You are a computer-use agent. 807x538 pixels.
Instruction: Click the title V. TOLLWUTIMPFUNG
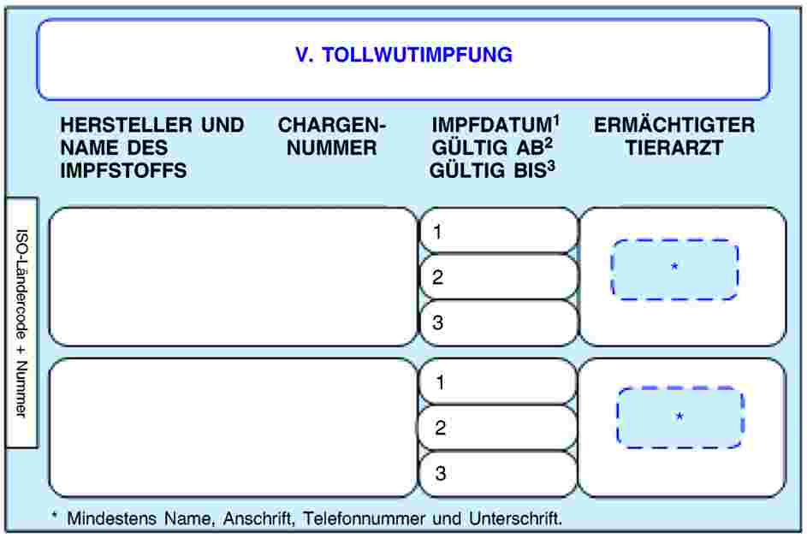click(x=403, y=56)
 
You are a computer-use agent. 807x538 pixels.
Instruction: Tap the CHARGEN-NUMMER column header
click(x=332, y=137)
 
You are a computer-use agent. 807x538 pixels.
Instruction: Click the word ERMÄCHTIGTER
click(x=674, y=126)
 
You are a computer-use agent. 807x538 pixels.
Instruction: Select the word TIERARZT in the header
click(x=674, y=148)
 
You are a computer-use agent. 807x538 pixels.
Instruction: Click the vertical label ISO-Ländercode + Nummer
click(x=21, y=322)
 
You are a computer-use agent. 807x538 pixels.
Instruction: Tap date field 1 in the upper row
click(x=499, y=231)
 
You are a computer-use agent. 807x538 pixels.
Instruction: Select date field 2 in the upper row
click(x=499, y=277)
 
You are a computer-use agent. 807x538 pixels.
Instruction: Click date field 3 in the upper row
click(x=499, y=323)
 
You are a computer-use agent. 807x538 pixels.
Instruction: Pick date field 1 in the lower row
click(x=499, y=381)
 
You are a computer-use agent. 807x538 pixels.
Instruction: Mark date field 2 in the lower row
click(x=499, y=428)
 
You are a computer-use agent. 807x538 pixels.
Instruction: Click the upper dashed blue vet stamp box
click(x=674, y=269)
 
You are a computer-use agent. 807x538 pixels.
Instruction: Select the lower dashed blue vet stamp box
click(x=679, y=417)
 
